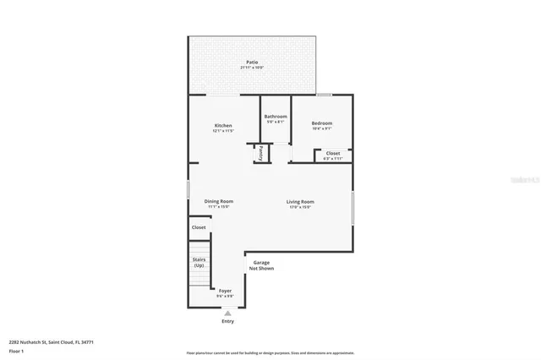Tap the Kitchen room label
(x=222, y=126)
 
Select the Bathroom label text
(x=276, y=116)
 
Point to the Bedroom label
(x=321, y=123)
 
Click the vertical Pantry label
(x=260, y=153)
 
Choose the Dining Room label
(x=219, y=201)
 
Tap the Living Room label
(x=300, y=201)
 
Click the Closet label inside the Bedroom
(x=333, y=153)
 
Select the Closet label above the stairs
(x=199, y=227)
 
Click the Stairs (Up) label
(x=199, y=263)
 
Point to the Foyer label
(x=225, y=290)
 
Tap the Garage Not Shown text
(x=261, y=265)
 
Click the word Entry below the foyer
(x=227, y=321)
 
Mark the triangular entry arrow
(x=227, y=313)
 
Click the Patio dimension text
(x=252, y=68)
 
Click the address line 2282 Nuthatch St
(x=51, y=341)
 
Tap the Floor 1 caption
(x=17, y=350)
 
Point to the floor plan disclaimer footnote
(x=270, y=352)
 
